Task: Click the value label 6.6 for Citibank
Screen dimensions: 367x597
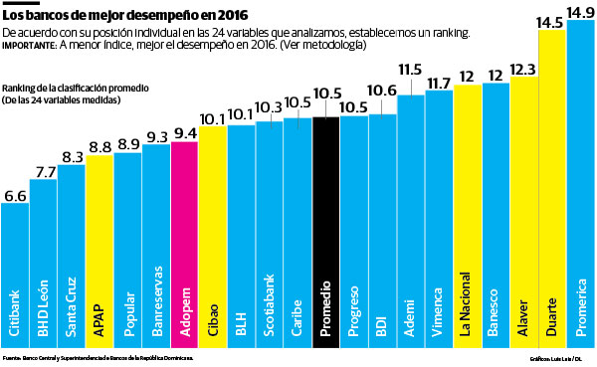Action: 16,197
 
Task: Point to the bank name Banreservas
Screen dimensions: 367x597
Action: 156,309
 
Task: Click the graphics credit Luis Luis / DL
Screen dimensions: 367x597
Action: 555,356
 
